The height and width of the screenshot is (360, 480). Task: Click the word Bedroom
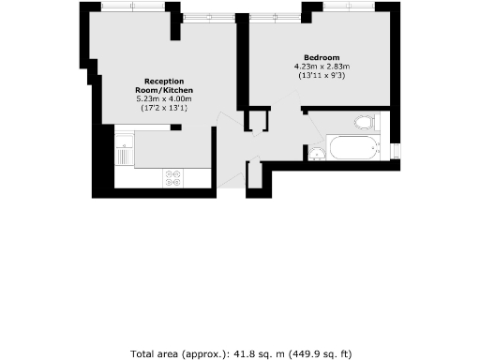[x=322, y=57]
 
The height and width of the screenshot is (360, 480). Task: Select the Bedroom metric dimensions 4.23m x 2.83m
[x=322, y=67]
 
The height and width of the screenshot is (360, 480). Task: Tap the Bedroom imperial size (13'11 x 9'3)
[x=322, y=76]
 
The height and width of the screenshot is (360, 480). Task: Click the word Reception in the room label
[x=162, y=81]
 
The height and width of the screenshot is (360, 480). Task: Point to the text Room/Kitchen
[x=162, y=90]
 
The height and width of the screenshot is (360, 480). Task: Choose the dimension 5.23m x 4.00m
[x=162, y=99]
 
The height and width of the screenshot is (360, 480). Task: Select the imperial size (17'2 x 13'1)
[x=162, y=109]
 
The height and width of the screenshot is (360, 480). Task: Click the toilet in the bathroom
[x=366, y=123]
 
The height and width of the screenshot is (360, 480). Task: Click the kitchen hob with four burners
[x=173, y=177]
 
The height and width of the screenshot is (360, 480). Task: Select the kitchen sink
[x=122, y=150]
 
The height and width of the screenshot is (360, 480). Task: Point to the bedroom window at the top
[x=348, y=7]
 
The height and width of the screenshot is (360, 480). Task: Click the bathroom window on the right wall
[x=396, y=150]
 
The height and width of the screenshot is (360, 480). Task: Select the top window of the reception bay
[x=129, y=7]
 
